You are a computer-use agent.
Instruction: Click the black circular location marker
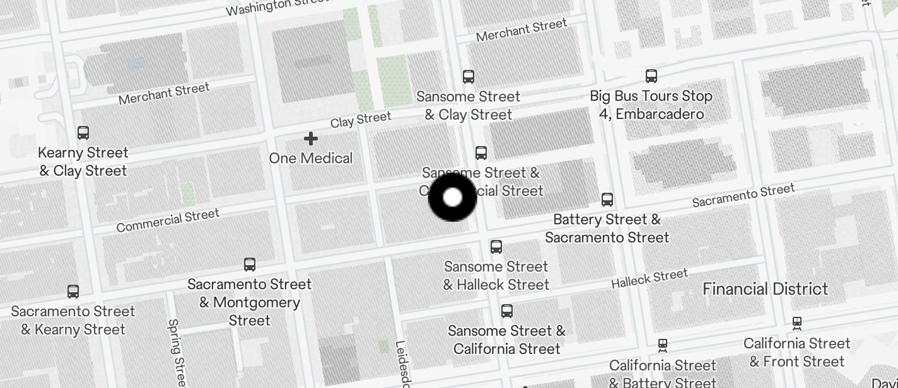tap(452, 198)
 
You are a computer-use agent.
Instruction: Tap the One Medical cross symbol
tap(311, 139)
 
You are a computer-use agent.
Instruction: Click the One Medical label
tap(311, 158)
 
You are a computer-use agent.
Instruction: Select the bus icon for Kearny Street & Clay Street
tap(83, 133)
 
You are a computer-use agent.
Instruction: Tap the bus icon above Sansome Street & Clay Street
tap(468, 77)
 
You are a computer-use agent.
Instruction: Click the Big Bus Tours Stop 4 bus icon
tap(651, 76)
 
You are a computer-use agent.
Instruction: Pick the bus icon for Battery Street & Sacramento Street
tap(607, 200)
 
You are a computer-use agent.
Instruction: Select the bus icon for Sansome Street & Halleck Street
tap(496, 247)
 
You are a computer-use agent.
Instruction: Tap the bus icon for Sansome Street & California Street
tap(506, 311)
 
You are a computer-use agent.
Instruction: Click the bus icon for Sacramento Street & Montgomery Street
tap(250, 265)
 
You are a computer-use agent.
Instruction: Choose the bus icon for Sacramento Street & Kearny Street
tap(73, 292)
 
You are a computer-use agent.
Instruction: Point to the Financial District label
tap(765, 289)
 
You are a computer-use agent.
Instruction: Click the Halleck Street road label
tap(649, 278)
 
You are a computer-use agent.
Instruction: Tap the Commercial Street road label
tap(168, 220)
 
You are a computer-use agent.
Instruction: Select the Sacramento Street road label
tap(743, 195)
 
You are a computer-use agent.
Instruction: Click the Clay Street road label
tap(361, 119)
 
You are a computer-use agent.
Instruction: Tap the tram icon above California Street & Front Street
tap(797, 324)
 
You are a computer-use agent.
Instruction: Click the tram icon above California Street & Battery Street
tap(663, 345)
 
